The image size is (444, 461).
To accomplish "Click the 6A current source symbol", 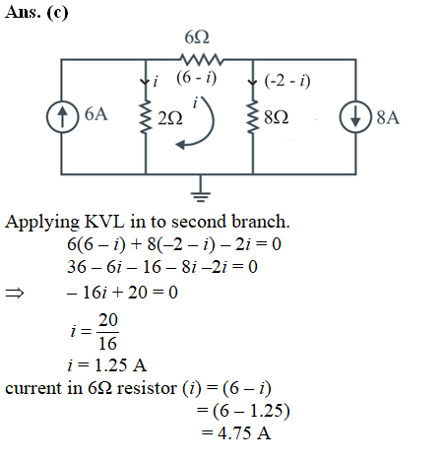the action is [x=62, y=116].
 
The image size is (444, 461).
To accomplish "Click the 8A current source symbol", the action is [x=355, y=117].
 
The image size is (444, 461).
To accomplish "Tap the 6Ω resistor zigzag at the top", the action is [x=202, y=60].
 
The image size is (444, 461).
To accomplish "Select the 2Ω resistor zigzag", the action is [x=146, y=117].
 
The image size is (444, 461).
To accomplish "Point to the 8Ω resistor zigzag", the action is [x=253, y=117].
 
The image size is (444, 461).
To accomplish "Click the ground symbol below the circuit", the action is [x=201, y=189].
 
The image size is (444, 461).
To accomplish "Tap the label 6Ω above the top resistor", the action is [x=197, y=37].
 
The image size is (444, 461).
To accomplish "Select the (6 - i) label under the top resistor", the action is [x=197, y=78].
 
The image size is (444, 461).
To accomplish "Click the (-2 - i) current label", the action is [x=287, y=81].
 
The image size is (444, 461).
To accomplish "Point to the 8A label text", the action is [x=388, y=117].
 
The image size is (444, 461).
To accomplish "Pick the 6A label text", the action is [x=96, y=114].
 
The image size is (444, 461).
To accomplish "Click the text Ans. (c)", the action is [x=36, y=13].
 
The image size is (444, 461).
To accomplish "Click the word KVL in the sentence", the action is [x=104, y=222].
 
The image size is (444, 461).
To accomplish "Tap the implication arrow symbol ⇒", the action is [x=15, y=293].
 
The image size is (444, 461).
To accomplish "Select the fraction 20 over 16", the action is [x=107, y=332].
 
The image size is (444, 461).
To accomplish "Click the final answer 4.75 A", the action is [x=244, y=433].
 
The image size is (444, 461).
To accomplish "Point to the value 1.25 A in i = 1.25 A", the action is [x=120, y=365].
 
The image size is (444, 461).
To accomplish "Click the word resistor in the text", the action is [x=147, y=388].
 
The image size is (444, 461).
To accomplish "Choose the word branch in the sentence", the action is [x=261, y=222].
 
